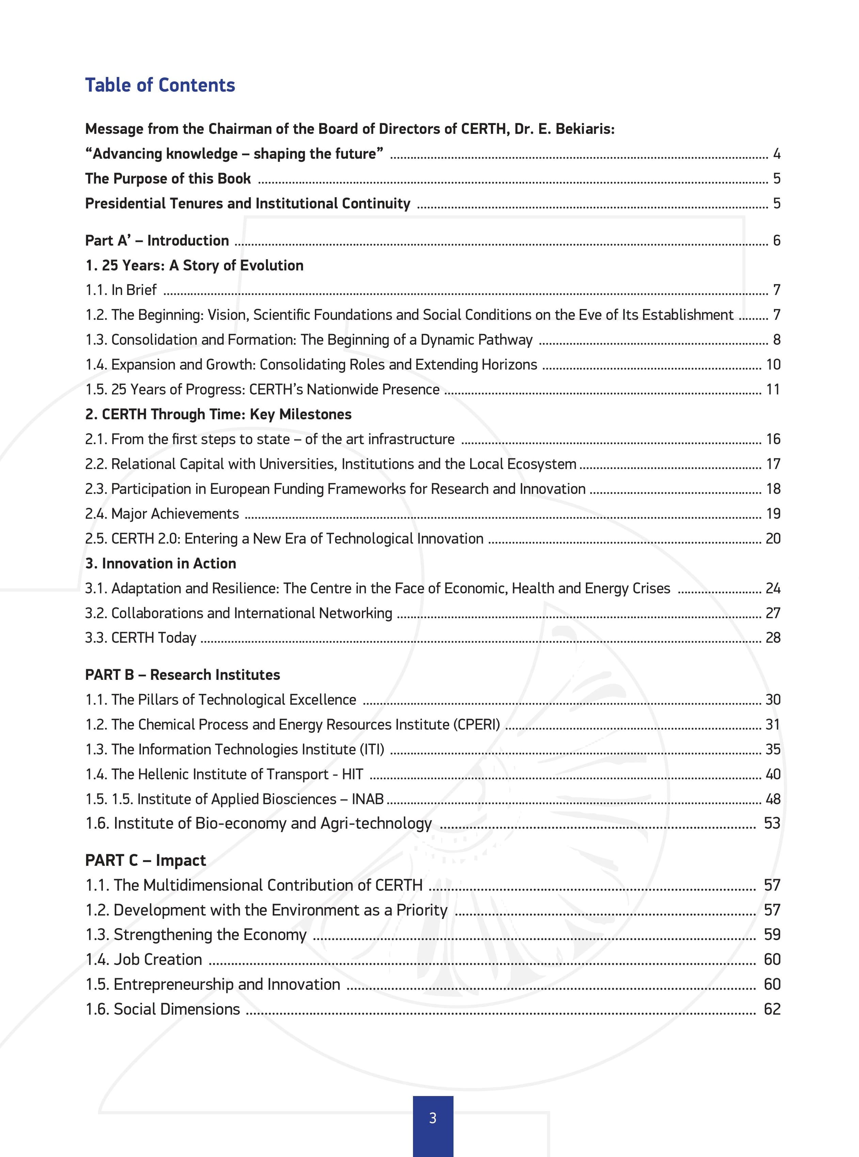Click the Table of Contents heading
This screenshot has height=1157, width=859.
[x=160, y=85]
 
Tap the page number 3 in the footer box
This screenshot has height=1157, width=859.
[x=433, y=1118]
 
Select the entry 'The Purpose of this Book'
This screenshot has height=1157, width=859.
[x=168, y=178]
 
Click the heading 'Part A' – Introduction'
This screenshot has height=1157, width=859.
[x=157, y=240]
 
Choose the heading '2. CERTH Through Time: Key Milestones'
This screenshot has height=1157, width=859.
[x=218, y=414]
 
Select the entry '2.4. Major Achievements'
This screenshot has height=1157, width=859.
[x=162, y=514]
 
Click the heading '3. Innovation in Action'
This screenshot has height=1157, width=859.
[x=161, y=563]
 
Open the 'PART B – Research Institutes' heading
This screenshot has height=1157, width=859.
[x=182, y=675]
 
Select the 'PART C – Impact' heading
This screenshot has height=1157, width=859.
[x=146, y=860]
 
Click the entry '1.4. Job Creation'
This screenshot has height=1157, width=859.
[x=144, y=959]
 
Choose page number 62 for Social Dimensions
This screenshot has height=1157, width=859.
[x=772, y=1009]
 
